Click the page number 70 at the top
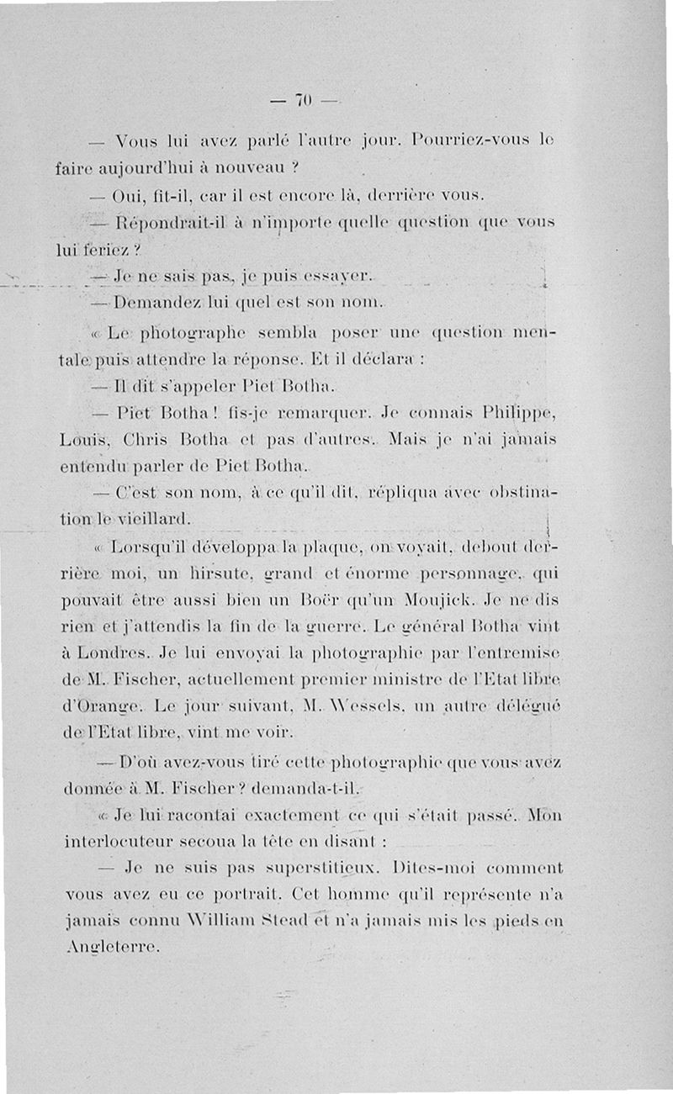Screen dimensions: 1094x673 pyautogui.click(x=303, y=101)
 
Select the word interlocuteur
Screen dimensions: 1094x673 pyautogui.click(x=117, y=841)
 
